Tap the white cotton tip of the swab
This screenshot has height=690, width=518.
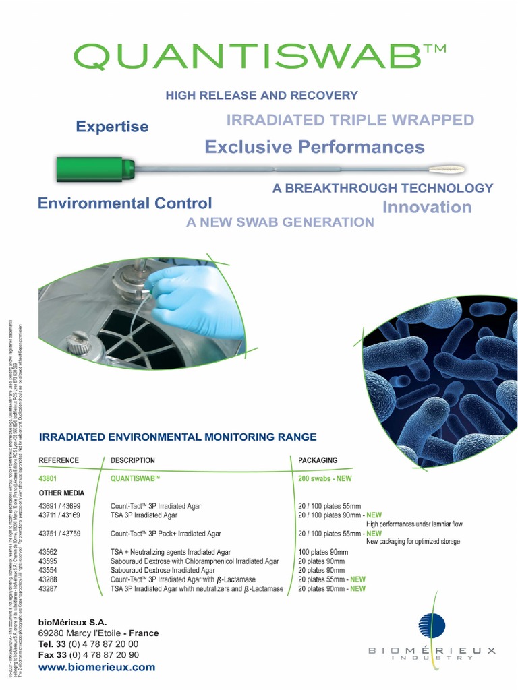(440, 169)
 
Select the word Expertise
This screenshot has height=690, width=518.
(112, 127)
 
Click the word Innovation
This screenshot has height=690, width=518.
(427, 207)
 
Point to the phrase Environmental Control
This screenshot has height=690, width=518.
(125, 203)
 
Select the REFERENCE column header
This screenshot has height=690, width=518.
(59, 460)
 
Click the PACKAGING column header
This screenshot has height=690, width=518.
(318, 460)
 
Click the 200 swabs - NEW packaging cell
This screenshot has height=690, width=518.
(325, 478)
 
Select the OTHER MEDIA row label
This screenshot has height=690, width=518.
(61, 493)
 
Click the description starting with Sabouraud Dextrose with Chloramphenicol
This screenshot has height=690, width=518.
(194, 561)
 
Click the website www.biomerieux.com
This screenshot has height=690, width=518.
(97, 668)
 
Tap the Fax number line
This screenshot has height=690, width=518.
(89, 655)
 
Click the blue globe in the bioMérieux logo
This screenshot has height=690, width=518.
(432, 625)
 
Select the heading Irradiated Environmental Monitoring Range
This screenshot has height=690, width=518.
(178, 437)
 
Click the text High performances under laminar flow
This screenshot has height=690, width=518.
(414, 524)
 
